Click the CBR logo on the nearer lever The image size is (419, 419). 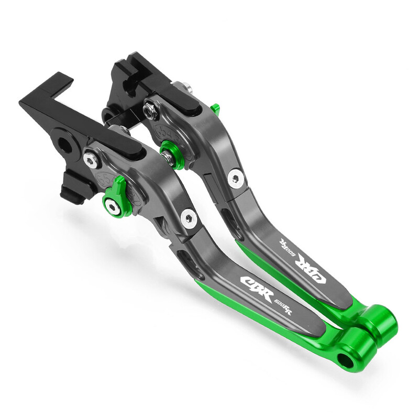tap(256, 285)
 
